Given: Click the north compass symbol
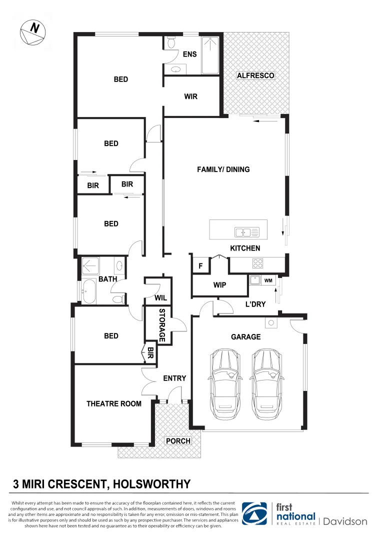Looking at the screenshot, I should coord(32,32).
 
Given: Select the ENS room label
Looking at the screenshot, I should coord(189,54).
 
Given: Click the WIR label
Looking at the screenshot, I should coord(190,96).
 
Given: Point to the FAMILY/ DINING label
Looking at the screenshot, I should coord(223,169).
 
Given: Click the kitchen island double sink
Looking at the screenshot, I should coord(246,232).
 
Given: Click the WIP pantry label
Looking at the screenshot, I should coord(219,285).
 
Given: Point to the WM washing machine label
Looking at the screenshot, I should coord(268,281).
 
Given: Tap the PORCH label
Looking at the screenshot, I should coord(178,441).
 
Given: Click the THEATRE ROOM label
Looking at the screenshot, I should coord(113,403).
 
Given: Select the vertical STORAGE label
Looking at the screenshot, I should coord(162,325).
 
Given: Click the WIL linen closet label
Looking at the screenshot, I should coord(160,298).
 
